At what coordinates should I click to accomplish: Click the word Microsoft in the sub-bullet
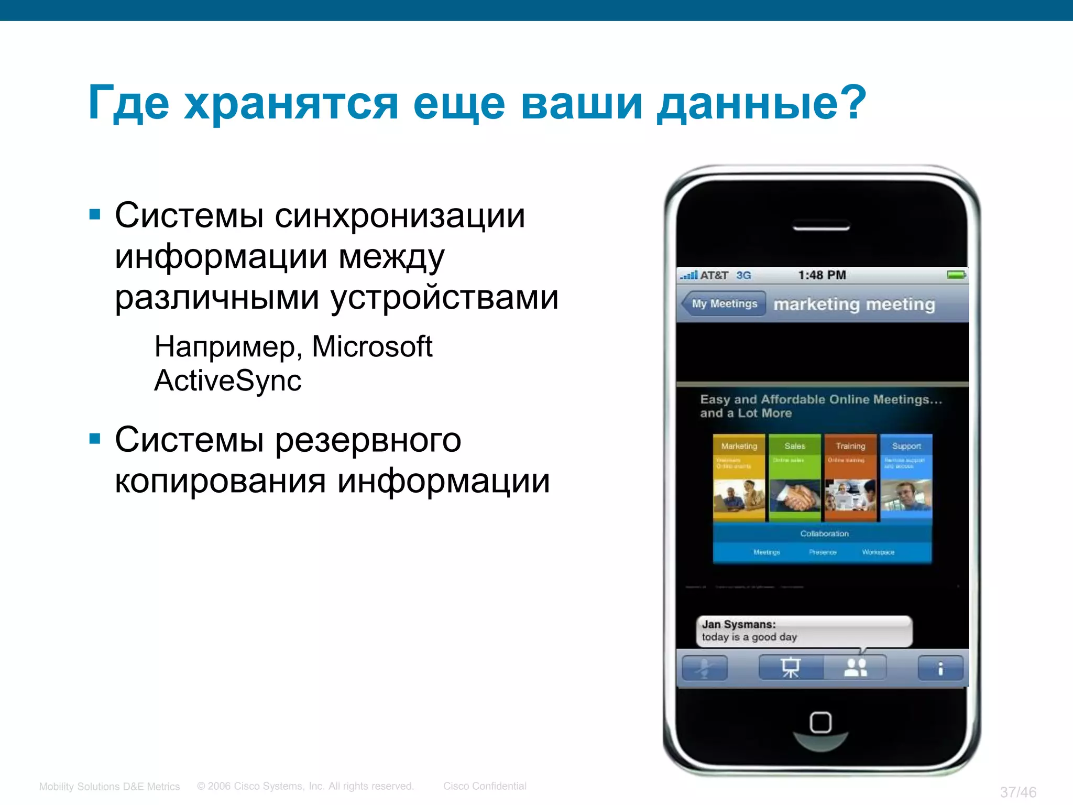point(372,346)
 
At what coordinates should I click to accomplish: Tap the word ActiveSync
point(228,380)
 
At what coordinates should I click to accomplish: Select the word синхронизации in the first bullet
point(400,215)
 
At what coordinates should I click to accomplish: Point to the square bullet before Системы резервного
point(95,438)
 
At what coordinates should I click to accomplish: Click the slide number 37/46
point(1017,792)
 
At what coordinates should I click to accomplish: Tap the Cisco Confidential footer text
point(485,786)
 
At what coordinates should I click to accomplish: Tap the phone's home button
point(820,723)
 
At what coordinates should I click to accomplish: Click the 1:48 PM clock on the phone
point(822,275)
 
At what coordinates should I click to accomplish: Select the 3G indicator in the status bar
point(743,275)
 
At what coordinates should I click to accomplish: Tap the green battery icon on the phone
point(956,275)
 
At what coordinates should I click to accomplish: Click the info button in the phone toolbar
point(940,668)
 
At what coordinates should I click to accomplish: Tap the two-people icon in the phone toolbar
point(856,668)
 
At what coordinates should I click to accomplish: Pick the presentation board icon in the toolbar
point(791,668)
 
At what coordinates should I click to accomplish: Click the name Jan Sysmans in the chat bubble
point(738,624)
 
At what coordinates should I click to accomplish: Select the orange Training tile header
point(850,446)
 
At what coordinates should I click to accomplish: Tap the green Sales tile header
point(794,446)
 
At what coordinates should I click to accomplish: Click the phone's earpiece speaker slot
point(821,227)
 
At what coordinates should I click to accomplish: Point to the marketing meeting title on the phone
point(854,304)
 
